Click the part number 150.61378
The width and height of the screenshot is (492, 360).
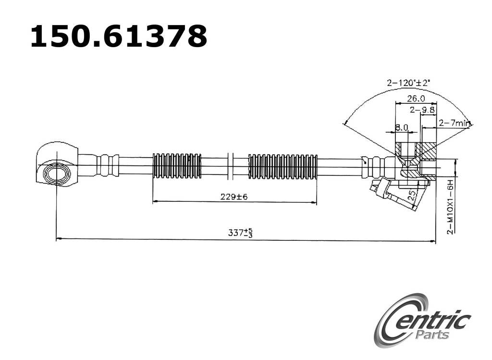118,37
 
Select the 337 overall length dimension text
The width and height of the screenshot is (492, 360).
241,233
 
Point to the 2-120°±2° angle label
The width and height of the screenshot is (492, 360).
409,83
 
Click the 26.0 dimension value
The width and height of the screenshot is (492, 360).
416,99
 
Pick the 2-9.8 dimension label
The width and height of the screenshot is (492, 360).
422,110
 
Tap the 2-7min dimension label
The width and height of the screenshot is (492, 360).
454,123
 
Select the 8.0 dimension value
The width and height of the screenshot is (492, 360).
401,128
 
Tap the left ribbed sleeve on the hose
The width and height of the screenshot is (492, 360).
177,166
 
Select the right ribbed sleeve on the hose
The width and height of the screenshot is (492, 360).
283,166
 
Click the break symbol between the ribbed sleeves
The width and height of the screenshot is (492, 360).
230,166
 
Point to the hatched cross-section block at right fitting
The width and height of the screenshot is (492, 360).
426,151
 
